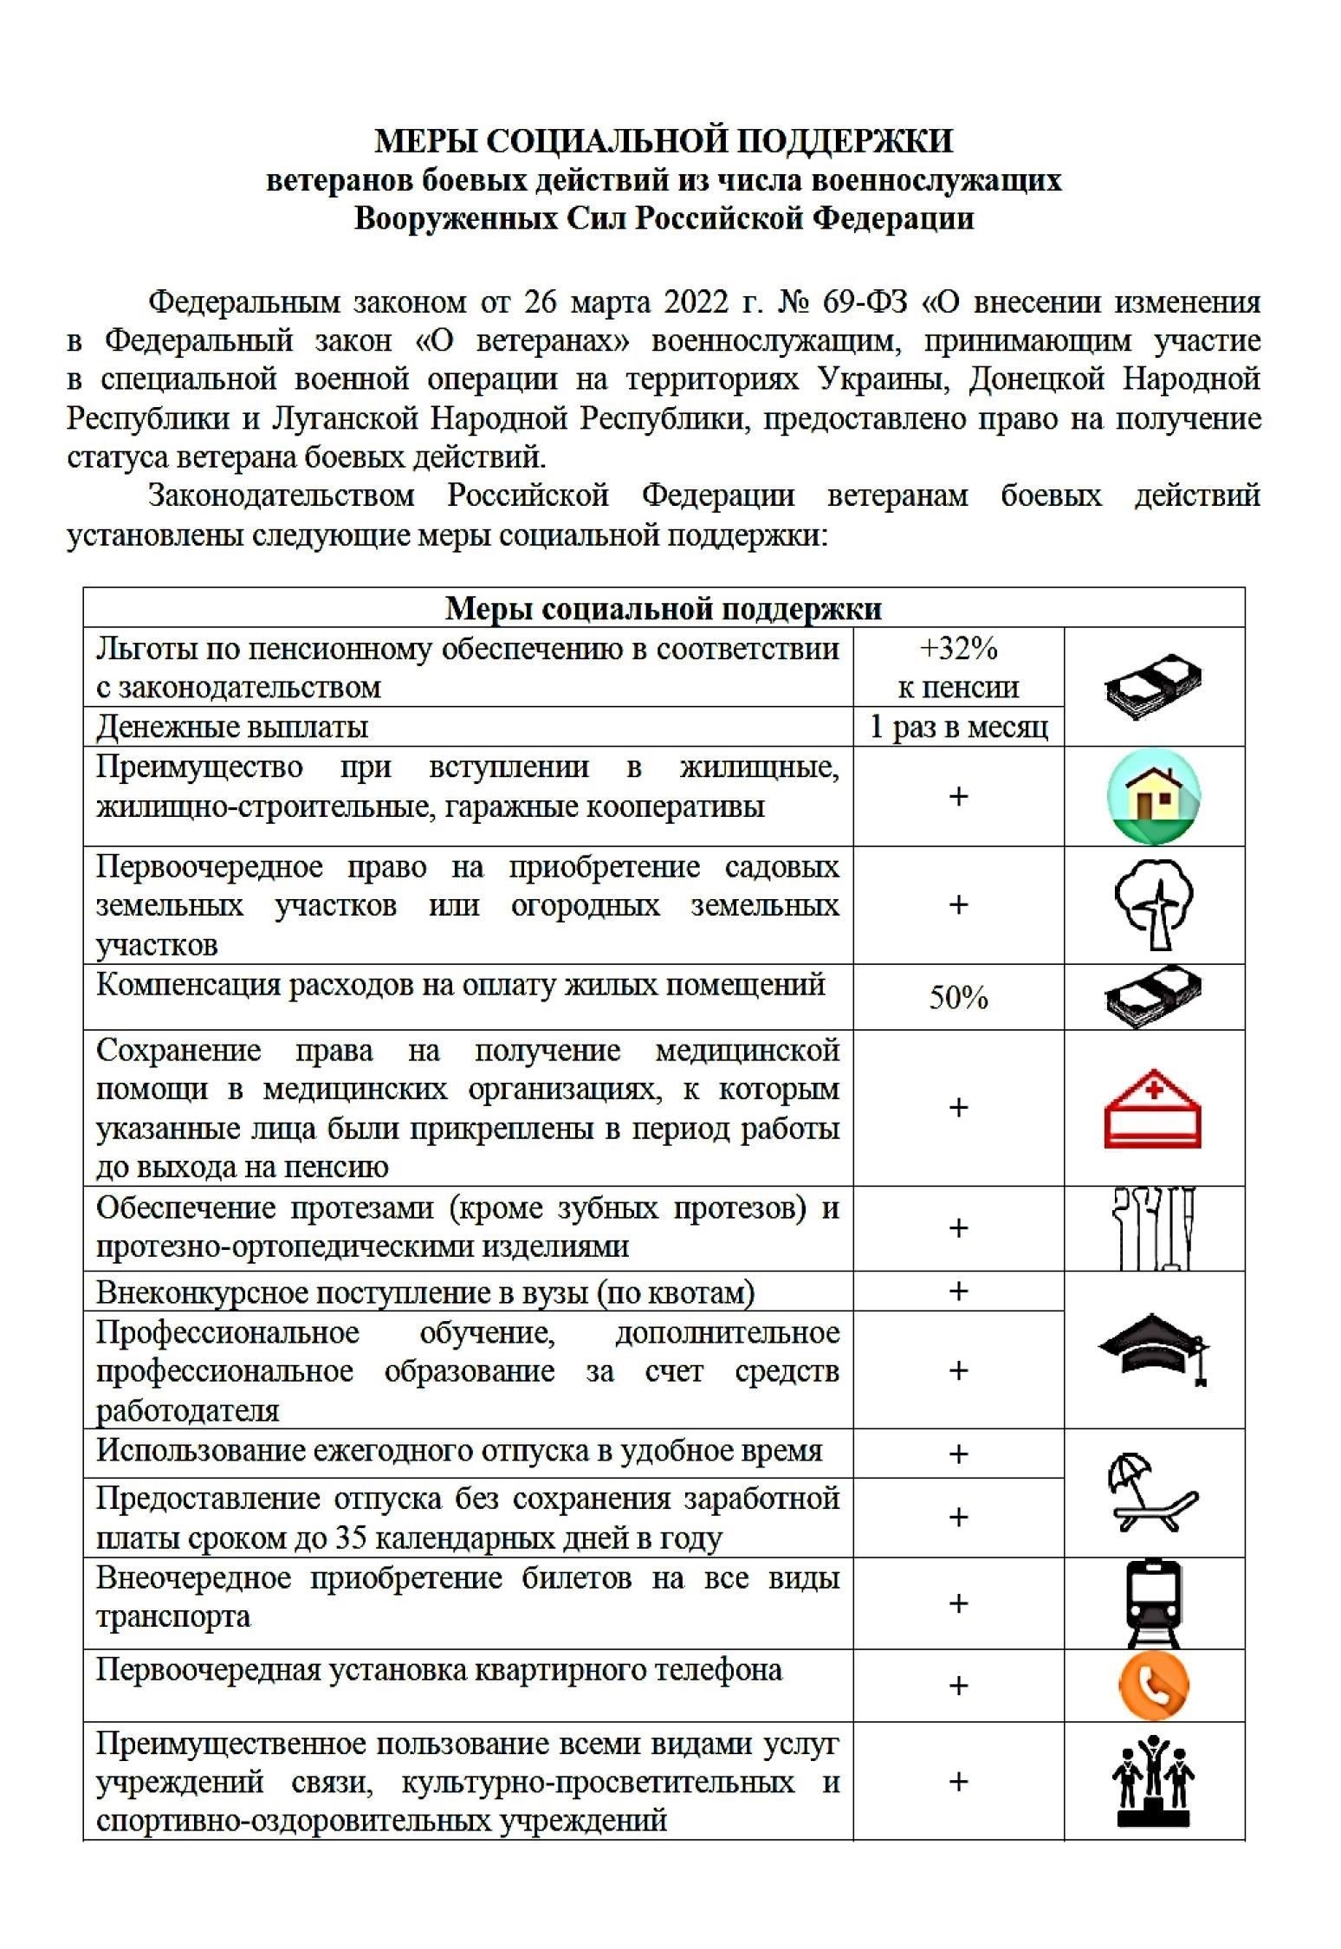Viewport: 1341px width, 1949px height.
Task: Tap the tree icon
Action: (1154, 904)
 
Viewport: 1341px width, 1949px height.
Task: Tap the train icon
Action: (1154, 1603)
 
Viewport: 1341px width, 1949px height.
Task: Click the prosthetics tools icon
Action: (1154, 1228)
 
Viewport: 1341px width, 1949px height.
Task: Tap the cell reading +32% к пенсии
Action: (958, 667)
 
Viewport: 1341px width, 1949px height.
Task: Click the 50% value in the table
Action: (958, 998)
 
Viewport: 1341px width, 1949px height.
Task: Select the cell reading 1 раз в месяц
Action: (958, 727)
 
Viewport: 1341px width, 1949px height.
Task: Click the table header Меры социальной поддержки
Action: (663, 609)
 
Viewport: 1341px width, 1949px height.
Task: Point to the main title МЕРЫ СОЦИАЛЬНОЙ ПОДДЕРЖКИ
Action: (663, 140)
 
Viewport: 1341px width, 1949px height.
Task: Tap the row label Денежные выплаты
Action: (232, 727)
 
